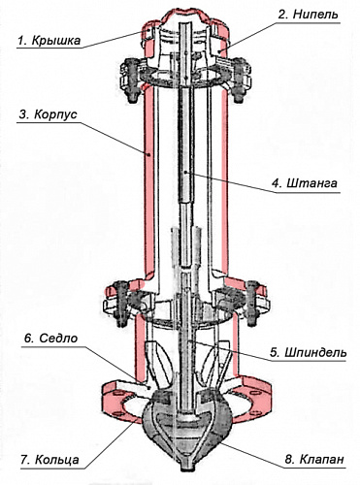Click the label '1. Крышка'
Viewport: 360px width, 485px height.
[x=49, y=41]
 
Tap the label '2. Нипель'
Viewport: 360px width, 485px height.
[x=309, y=15]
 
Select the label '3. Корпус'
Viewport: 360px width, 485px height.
[x=48, y=114]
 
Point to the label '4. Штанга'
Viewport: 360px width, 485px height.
[x=305, y=183]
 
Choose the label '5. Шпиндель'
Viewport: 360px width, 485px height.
[x=309, y=352]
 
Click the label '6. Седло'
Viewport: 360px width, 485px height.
[x=50, y=339]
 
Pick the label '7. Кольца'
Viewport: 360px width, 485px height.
[x=49, y=459]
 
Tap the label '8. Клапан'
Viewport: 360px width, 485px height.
[x=314, y=459]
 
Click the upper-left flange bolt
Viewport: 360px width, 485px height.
[x=133, y=80]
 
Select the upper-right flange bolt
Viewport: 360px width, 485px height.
[x=239, y=81]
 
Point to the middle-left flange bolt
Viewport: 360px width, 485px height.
[x=122, y=303]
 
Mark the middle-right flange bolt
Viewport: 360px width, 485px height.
[x=252, y=303]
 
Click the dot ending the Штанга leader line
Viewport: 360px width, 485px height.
[x=185, y=173]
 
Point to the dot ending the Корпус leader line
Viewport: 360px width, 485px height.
[x=149, y=155]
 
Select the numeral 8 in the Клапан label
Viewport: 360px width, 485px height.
[x=288, y=459]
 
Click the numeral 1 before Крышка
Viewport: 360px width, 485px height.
[x=21, y=41]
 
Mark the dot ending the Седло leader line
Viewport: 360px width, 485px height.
[x=148, y=386]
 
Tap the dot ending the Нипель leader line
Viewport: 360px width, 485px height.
[x=219, y=50]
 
